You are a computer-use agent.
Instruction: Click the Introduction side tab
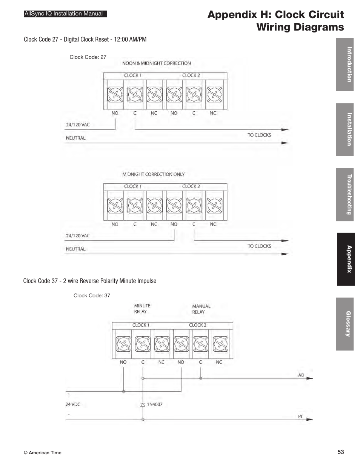point(345,65)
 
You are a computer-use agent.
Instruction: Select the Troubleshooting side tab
point(345,194)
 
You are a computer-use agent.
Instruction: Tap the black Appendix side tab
point(346,259)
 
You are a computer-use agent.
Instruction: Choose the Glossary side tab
point(345,324)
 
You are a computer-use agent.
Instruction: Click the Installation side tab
point(345,129)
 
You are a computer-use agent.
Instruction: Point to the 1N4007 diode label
point(155,404)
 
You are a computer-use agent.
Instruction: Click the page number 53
point(341,452)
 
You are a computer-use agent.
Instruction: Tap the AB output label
point(301,375)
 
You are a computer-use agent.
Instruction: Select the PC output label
point(301,417)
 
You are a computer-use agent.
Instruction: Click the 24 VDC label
point(73,404)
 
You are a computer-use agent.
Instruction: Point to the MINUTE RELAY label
point(142,309)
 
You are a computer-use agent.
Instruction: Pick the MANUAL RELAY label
point(201,309)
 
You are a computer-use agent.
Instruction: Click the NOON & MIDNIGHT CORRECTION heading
point(157,63)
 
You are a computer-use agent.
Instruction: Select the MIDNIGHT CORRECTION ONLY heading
point(154,174)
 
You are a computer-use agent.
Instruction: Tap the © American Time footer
point(42,453)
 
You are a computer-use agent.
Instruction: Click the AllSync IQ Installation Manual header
point(64,14)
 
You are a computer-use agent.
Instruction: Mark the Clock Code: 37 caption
point(92,295)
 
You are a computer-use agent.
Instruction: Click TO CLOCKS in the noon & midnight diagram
point(259,135)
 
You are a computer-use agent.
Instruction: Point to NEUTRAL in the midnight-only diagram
point(76,249)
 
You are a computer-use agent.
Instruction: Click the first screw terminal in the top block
point(115,94)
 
